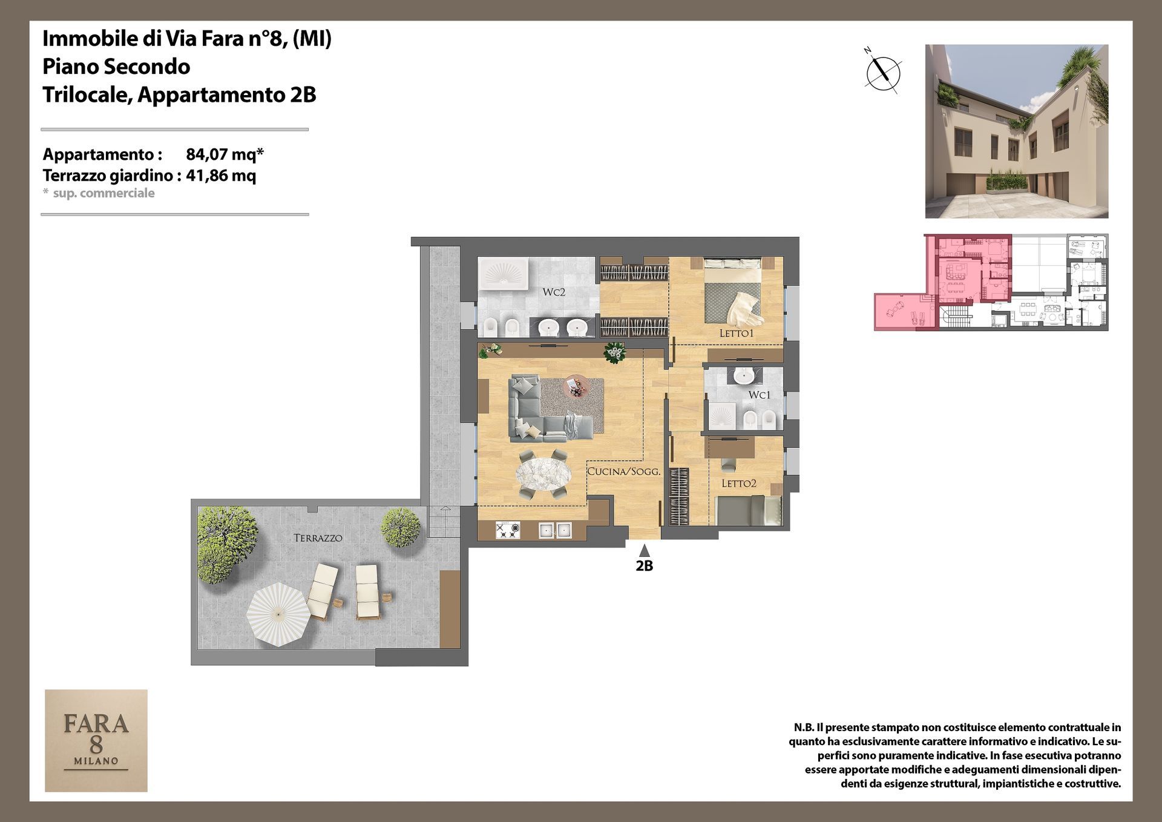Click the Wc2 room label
pos(554,292)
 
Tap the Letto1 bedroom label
pos(737,334)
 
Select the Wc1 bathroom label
pos(760,395)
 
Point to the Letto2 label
pos(739,484)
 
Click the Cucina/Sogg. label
pos(623,472)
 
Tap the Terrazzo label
pos(318,538)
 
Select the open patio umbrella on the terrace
pos(278,614)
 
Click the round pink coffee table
pos(576,386)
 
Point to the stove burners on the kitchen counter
pos(507,531)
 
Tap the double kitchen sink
pos(556,531)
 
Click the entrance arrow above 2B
pos(645,550)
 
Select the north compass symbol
pos(883,72)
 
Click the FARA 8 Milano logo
pos(96,740)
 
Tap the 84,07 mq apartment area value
pos(225,154)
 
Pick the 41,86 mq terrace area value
pos(221,176)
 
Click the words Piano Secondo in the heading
pos(116,67)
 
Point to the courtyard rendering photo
pos(1017,131)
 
